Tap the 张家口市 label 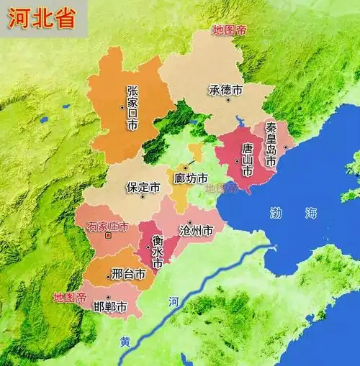click(132, 108)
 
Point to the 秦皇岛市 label click(271, 143)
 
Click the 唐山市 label click(247, 160)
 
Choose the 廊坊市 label click(191, 178)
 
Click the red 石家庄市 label click(107, 227)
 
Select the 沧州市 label click(196, 232)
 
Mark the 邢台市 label click(129, 274)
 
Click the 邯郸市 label click(110, 306)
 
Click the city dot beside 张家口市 click(123, 108)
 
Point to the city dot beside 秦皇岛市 click(286, 147)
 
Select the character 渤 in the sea click(276, 213)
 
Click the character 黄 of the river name click(125, 342)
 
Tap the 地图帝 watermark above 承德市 click(229, 30)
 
